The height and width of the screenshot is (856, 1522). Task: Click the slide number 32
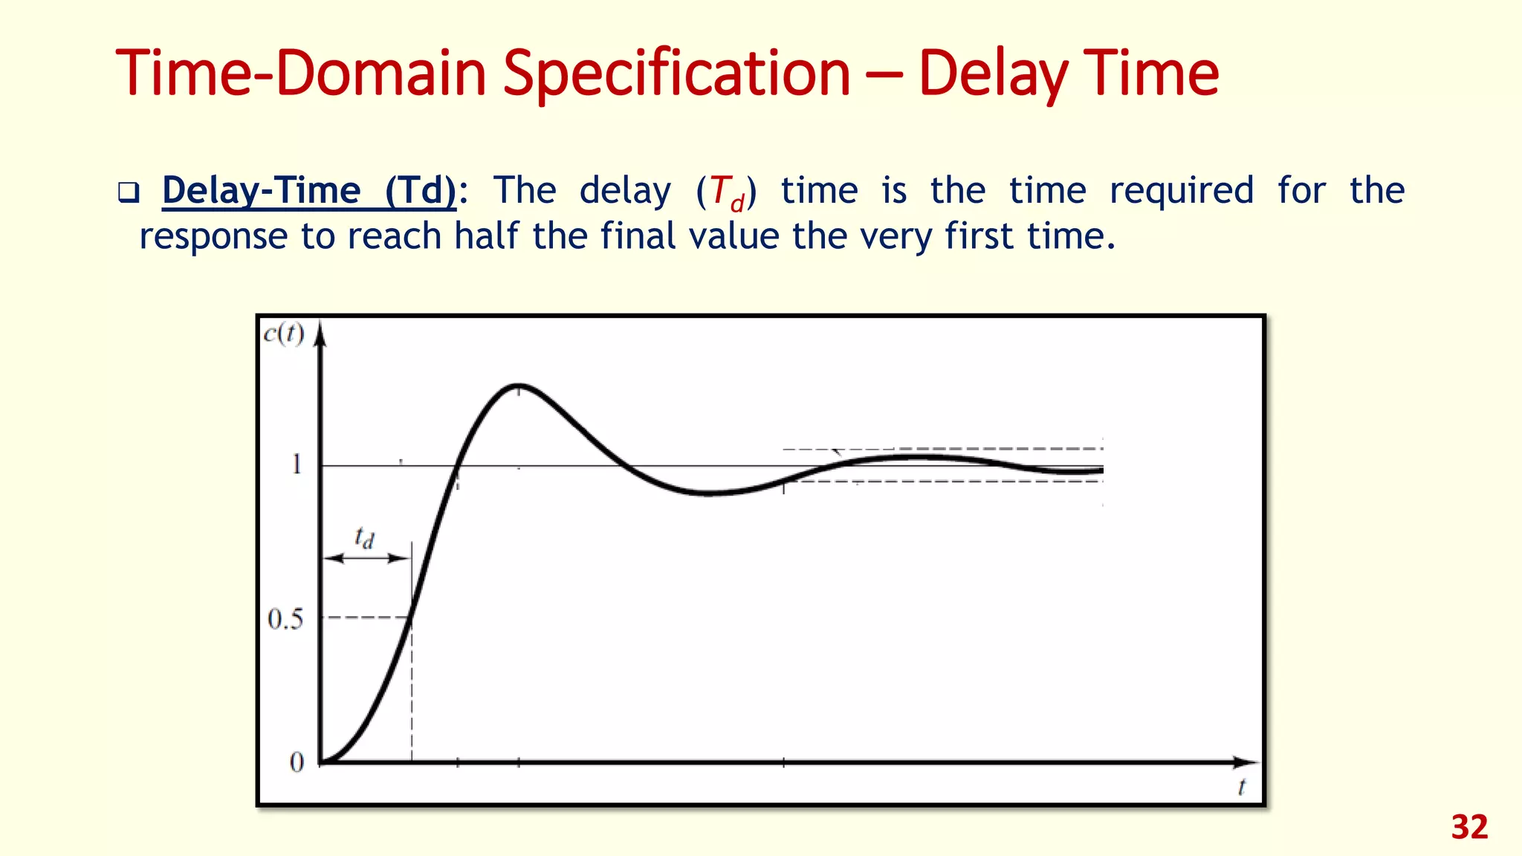1469,827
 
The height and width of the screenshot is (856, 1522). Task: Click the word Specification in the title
676,74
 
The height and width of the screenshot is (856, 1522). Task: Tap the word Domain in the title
380,74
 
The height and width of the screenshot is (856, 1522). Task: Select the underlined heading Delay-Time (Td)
308,190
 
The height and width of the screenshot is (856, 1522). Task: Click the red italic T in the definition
719,190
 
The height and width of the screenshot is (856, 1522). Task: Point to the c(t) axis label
284,334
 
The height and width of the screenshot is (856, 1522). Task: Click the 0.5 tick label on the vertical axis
285,619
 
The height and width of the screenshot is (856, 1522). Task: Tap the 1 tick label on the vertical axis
297,464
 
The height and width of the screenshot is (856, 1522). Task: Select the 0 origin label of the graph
297,762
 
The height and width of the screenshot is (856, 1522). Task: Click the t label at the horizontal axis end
1241,787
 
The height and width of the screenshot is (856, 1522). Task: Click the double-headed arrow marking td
366,558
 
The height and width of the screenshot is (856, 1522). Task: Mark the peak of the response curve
518,385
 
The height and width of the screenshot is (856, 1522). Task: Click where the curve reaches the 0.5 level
411,617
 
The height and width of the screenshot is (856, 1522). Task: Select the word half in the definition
486,236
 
